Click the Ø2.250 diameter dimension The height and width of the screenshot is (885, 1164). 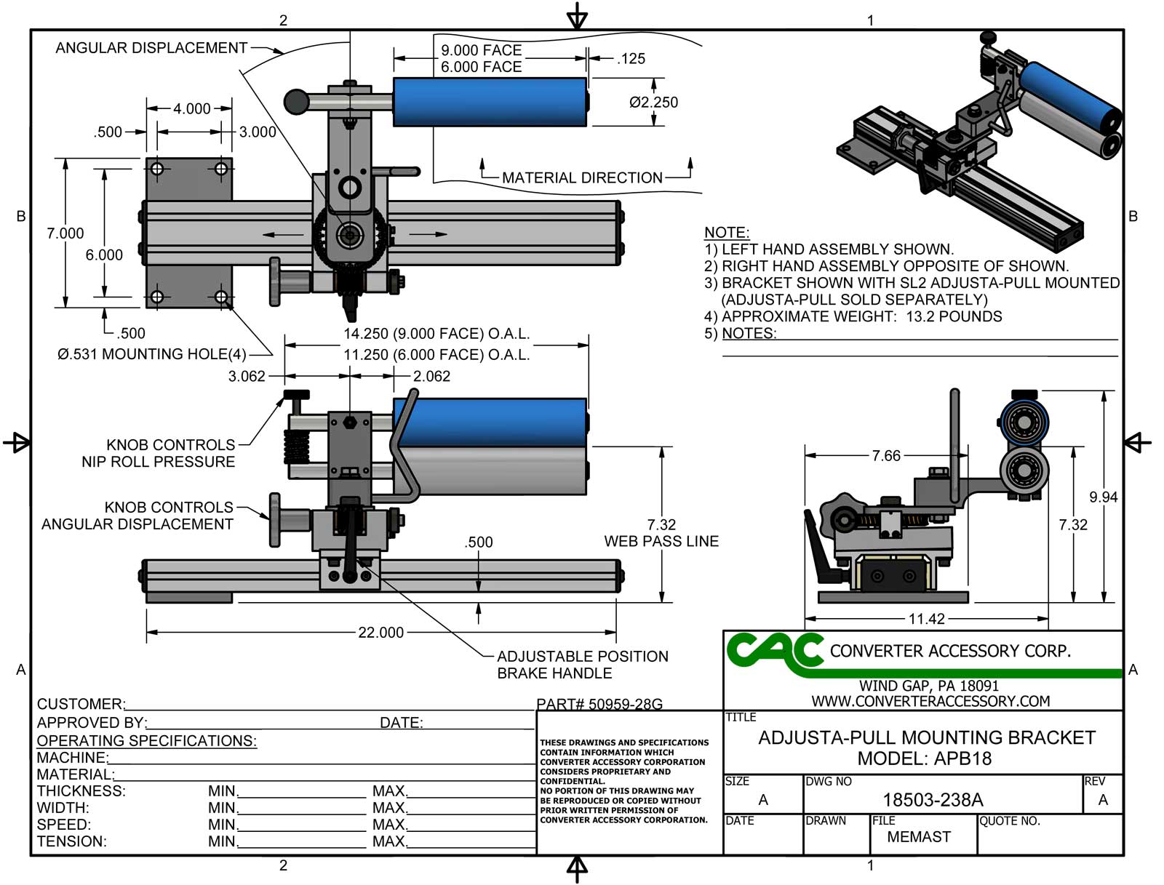point(653,103)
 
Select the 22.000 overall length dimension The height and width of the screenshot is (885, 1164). point(380,633)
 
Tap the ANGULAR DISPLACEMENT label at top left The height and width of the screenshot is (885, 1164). point(151,48)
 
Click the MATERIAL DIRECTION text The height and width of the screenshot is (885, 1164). point(582,178)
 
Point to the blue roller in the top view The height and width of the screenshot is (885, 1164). point(490,102)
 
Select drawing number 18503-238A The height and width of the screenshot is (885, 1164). point(933,800)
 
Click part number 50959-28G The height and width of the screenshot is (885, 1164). point(599,704)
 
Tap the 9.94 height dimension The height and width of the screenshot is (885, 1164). point(1103,497)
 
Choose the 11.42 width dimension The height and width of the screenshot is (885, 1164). point(926,620)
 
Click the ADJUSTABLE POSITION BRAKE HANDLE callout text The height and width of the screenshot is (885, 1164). point(582,665)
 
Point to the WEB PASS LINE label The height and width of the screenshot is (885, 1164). point(661,541)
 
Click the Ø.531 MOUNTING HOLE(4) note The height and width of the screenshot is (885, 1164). point(151,354)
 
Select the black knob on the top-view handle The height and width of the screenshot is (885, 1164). point(296,102)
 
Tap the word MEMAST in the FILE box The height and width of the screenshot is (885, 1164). point(919,837)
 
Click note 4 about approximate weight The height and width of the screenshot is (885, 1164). point(853,316)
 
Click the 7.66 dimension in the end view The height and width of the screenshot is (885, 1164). point(886,456)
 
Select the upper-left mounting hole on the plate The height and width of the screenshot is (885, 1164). point(156,169)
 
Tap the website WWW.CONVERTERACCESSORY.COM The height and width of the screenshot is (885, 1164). point(930,701)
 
